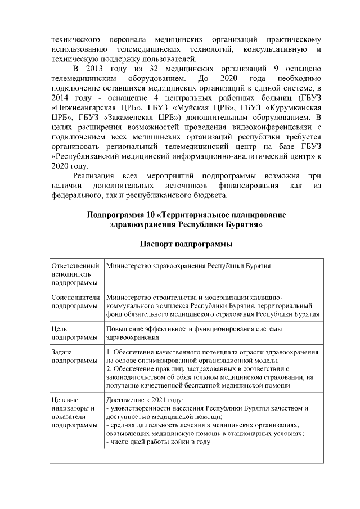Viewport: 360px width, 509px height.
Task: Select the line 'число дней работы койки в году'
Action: point(157,442)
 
